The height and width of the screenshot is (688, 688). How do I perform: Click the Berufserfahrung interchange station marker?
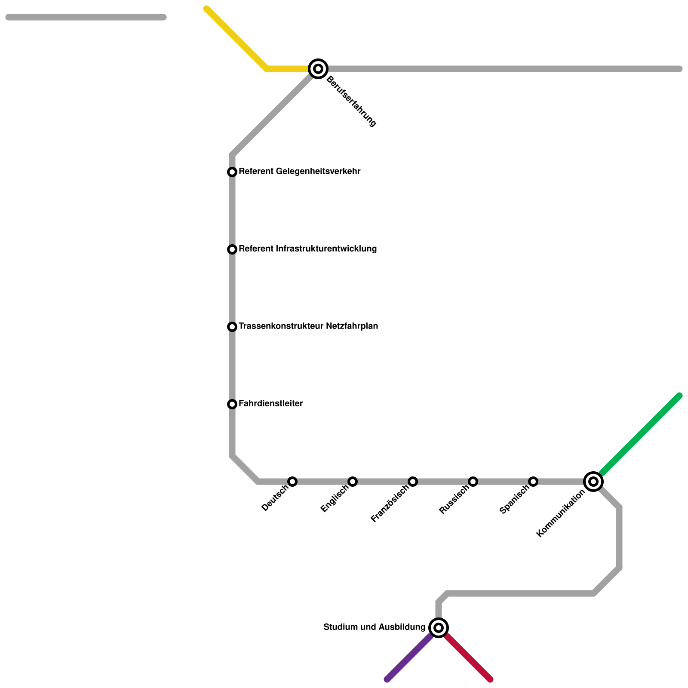coord(318,69)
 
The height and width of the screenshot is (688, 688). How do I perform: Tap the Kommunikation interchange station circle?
coord(593,481)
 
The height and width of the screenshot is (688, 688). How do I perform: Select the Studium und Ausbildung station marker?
coord(439,628)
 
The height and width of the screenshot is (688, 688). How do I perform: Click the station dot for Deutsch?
coord(292,481)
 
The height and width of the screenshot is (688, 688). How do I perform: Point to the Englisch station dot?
coord(353,481)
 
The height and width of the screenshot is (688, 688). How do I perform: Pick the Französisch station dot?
coord(413,481)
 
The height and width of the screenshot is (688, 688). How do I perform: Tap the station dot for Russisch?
coord(473,481)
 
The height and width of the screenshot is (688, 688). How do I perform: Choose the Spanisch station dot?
coord(533,481)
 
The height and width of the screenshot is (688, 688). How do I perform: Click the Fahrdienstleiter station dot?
coord(232,404)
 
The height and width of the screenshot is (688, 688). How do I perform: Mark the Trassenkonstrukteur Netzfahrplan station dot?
coord(232,327)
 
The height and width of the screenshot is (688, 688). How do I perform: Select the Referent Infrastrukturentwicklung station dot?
coord(232,249)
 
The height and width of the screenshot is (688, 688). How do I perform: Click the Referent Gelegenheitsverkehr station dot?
coord(232,172)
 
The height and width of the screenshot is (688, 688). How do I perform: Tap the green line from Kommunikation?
coord(641,434)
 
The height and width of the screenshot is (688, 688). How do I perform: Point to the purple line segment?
coord(408,658)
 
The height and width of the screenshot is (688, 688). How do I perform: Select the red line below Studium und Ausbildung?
coord(469,658)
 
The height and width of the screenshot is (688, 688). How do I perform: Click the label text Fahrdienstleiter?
coord(270,404)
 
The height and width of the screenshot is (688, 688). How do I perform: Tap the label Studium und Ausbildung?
coord(374,627)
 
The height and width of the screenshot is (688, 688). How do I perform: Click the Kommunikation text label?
coord(561,514)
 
